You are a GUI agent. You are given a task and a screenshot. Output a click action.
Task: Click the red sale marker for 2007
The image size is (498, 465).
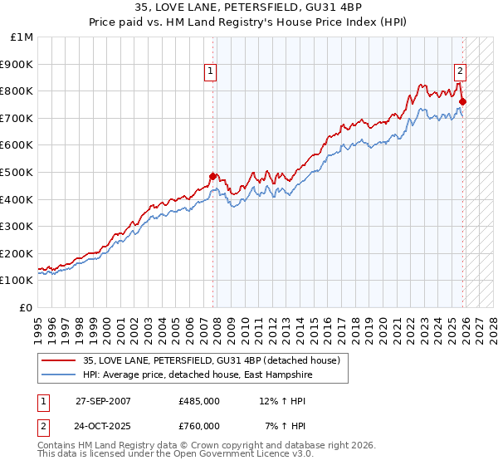(x=212, y=176)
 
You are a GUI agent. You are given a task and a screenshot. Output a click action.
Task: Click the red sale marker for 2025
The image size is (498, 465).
(x=462, y=102)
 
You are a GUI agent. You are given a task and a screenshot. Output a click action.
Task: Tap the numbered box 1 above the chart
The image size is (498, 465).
(x=212, y=72)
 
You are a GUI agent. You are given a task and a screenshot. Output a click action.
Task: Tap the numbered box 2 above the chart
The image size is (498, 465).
(x=460, y=72)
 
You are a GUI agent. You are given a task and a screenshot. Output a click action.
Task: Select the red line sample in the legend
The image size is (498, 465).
(x=59, y=360)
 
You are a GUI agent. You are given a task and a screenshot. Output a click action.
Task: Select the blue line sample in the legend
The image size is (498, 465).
(x=59, y=374)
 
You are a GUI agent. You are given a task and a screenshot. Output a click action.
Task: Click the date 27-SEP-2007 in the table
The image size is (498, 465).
(x=102, y=401)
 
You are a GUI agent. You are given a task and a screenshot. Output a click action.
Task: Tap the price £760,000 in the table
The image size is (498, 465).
(x=199, y=426)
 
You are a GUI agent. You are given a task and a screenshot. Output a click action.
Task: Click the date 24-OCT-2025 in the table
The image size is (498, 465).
(x=102, y=426)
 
